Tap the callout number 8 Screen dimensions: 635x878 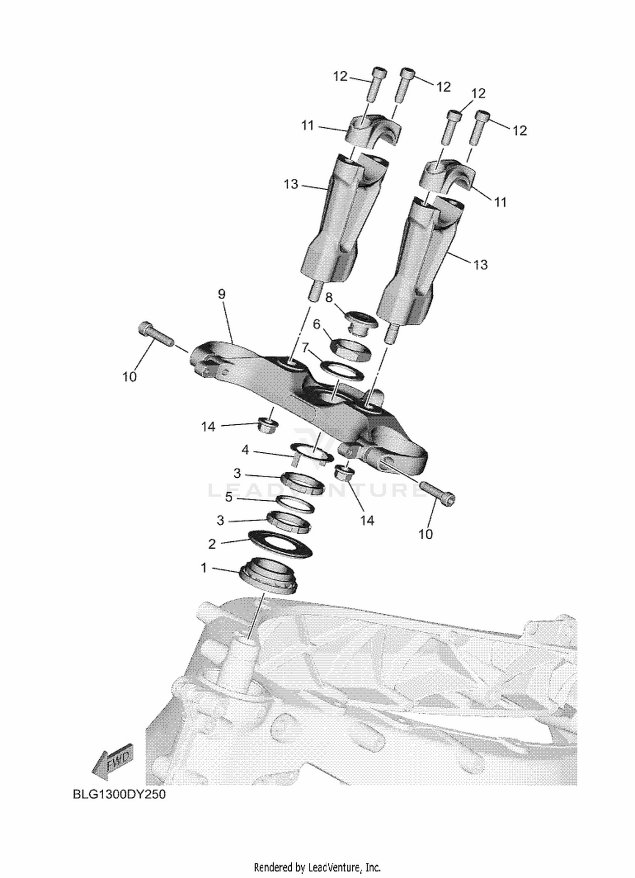[x=329, y=297]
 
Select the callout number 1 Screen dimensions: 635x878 [x=204, y=568]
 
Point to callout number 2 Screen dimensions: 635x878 [x=212, y=544]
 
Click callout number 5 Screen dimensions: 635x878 [x=229, y=497]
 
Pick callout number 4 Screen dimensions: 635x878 [x=245, y=450]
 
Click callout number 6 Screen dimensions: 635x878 [x=316, y=325]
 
